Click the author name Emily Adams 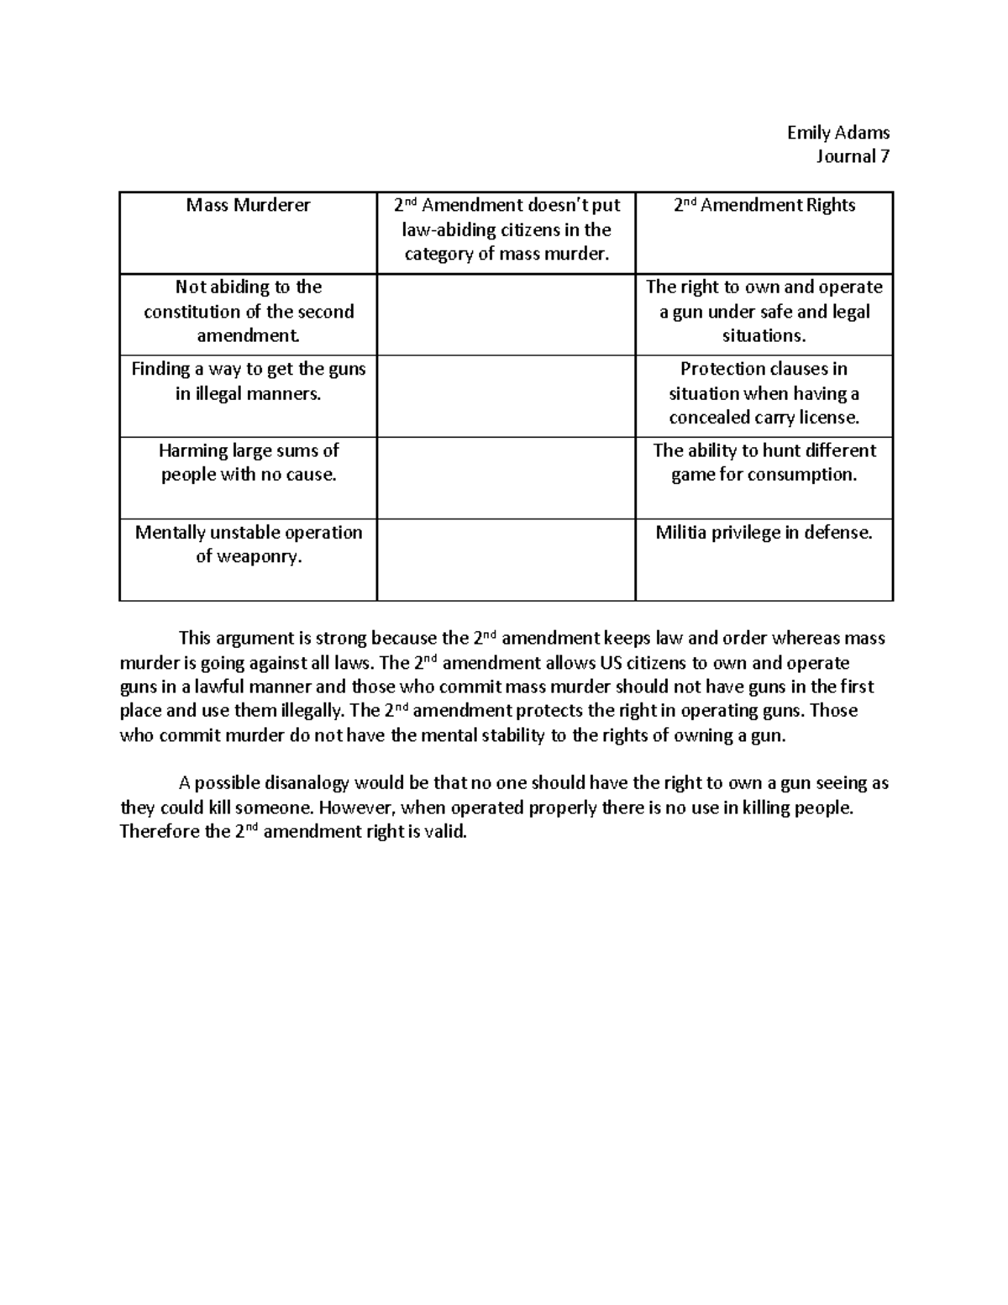click(837, 132)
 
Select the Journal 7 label click(852, 156)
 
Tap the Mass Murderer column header click(248, 205)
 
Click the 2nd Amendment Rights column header click(764, 205)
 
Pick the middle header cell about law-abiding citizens click(506, 229)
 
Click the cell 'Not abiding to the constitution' click(248, 311)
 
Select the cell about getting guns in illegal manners click(248, 381)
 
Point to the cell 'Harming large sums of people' click(248, 462)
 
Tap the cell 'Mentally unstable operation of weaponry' click(248, 544)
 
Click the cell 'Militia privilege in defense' click(764, 532)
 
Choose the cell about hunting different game click(764, 462)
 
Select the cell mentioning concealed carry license click(764, 393)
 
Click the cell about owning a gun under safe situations click(764, 311)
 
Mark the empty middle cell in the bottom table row click(506, 559)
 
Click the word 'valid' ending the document click(445, 832)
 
